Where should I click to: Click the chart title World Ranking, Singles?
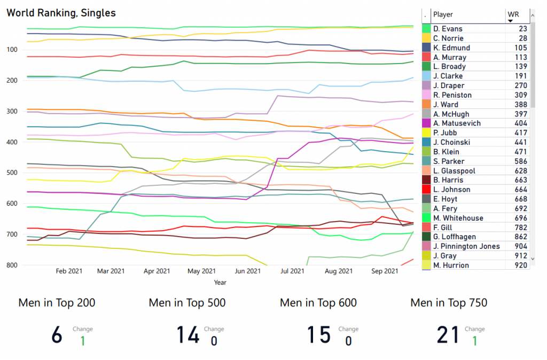pyautogui.click(x=61, y=13)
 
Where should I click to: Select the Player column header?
pyautogui.click(x=443, y=14)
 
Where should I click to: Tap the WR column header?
pyautogui.click(x=514, y=14)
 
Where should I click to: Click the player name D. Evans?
pyautogui.click(x=448, y=29)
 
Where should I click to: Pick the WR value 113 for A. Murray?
pyautogui.click(x=521, y=57)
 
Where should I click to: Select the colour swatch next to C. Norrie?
pyautogui.click(x=426, y=38)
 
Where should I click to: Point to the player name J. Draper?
pyautogui.click(x=449, y=85)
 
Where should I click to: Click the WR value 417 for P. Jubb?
pyautogui.click(x=521, y=133)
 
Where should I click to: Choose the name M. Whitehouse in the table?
pyautogui.click(x=458, y=218)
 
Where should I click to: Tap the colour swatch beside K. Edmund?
pyautogui.click(x=426, y=48)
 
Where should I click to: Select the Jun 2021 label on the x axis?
pyautogui.click(x=247, y=271)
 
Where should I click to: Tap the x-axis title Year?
pyautogui.click(x=220, y=281)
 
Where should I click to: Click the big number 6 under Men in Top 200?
pyautogui.click(x=57, y=335)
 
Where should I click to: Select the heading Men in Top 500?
pyautogui.click(x=187, y=303)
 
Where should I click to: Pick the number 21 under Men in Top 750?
pyautogui.click(x=448, y=335)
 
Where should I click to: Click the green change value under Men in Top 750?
pyautogui.click(x=474, y=340)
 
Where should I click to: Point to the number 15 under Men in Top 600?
pyautogui.click(x=318, y=335)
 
